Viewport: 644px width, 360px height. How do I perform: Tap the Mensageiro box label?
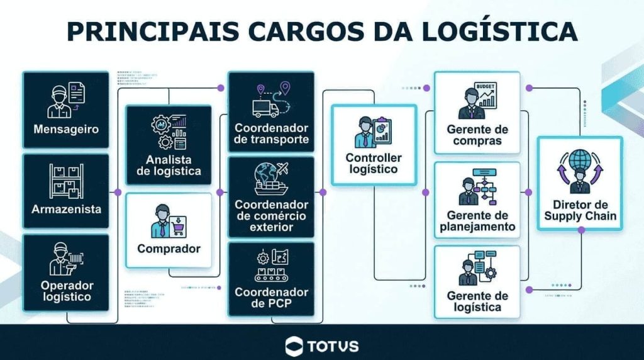click(66, 130)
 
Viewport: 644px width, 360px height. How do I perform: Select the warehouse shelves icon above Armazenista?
click(66, 181)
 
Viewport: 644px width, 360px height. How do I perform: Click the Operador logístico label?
click(66, 291)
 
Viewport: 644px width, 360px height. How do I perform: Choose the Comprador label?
click(169, 248)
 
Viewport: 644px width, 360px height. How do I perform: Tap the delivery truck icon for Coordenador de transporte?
click(265, 108)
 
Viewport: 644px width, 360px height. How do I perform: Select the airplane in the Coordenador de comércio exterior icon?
click(281, 169)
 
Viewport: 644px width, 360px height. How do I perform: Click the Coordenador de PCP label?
click(271, 298)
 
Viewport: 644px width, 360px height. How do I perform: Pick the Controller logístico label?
click(374, 163)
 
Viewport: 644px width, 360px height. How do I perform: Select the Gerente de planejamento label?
click(477, 221)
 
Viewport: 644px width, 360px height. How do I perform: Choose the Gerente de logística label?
click(477, 301)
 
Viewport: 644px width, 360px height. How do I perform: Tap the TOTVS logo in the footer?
click(322, 345)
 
